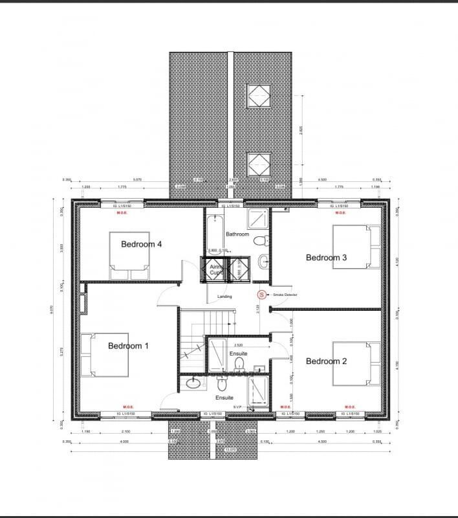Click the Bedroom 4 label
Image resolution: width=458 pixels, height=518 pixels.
[x=141, y=244]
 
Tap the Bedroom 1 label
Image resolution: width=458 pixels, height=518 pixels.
[x=128, y=346]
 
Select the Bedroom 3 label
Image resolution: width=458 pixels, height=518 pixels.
[x=326, y=258]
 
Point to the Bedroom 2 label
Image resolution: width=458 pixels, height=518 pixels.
[x=326, y=361]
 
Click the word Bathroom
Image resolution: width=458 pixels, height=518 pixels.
[x=237, y=234]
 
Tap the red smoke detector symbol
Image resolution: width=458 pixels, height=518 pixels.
[x=261, y=295]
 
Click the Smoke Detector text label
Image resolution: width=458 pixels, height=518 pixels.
[x=285, y=295]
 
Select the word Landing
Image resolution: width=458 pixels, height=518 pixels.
[x=224, y=297]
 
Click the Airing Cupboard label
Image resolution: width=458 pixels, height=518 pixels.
[x=216, y=269]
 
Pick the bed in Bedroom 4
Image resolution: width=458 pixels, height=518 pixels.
[x=129, y=256]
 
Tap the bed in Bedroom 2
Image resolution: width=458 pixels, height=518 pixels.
[x=356, y=363]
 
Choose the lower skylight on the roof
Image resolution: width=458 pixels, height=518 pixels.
[x=259, y=164]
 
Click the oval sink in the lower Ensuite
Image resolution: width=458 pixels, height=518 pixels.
[x=193, y=383]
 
